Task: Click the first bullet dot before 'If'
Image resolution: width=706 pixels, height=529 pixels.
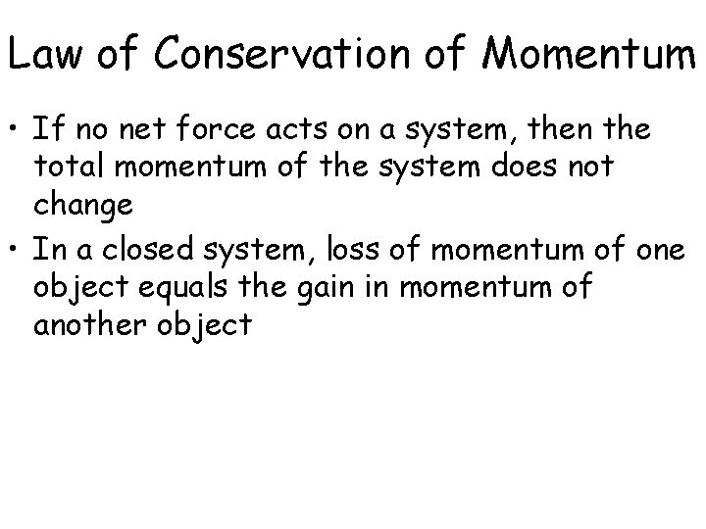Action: tap(17, 129)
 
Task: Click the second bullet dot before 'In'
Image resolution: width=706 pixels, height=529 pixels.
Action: tap(17, 250)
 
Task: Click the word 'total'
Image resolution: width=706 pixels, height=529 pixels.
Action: tap(70, 168)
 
